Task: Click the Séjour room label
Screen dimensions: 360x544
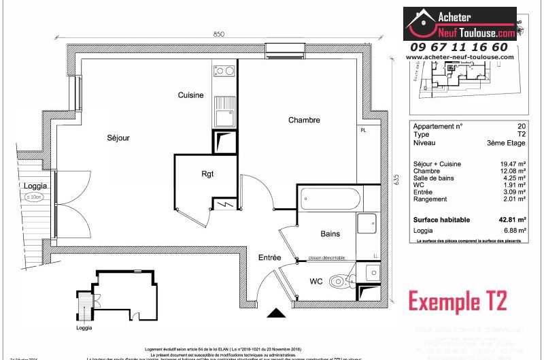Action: pyautogui.click(x=118, y=138)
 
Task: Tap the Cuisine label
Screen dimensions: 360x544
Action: pyautogui.click(x=190, y=95)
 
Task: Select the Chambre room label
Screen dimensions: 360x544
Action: pyautogui.click(x=303, y=120)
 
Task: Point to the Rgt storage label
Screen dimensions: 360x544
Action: pyautogui.click(x=207, y=174)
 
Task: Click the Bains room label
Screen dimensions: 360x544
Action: pyautogui.click(x=330, y=234)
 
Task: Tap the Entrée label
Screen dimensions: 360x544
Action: pyautogui.click(x=269, y=258)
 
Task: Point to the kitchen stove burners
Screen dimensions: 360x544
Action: pyautogui.click(x=224, y=71)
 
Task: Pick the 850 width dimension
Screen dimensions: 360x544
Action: pyautogui.click(x=218, y=34)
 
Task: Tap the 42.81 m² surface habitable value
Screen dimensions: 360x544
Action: pyautogui.click(x=513, y=220)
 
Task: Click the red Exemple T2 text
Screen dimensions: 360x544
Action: pyautogui.click(x=458, y=300)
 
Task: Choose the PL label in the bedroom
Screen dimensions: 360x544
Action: pyautogui.click(x=363, y=130)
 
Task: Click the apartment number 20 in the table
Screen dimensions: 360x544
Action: pyautogui.click(x=522, y=127)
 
